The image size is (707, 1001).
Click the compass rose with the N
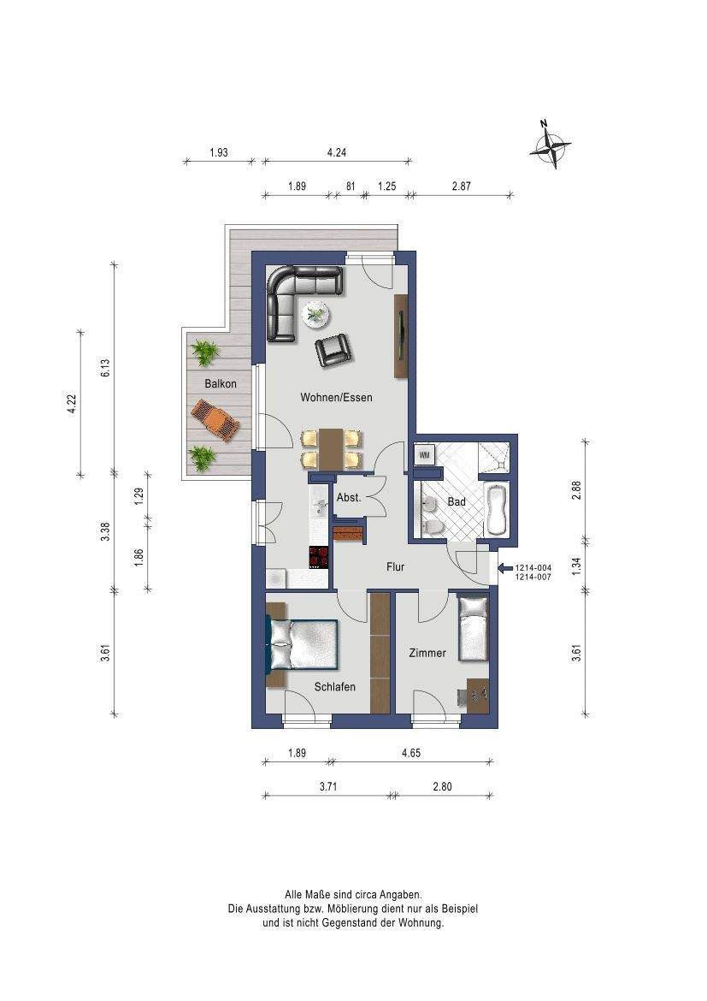coord(550,145)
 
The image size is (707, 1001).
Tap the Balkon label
coord(221,383)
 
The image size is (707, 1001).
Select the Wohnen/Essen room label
coord(336,397)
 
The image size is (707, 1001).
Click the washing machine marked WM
coord(425,455)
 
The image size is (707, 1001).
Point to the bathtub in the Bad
coord(495,510)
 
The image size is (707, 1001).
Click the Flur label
coord(396,566)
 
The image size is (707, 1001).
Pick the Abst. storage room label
coord(349,497)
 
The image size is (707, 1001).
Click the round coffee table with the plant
coord(316,314)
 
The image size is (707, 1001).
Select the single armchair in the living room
coord(333,350)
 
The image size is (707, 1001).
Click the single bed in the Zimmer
coord(474,629)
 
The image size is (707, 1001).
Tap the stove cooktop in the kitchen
coord(319,557)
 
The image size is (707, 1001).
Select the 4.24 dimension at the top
coord(336,152)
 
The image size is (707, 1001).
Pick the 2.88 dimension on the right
coord(577,489)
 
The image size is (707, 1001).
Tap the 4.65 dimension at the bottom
coord(411,753)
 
